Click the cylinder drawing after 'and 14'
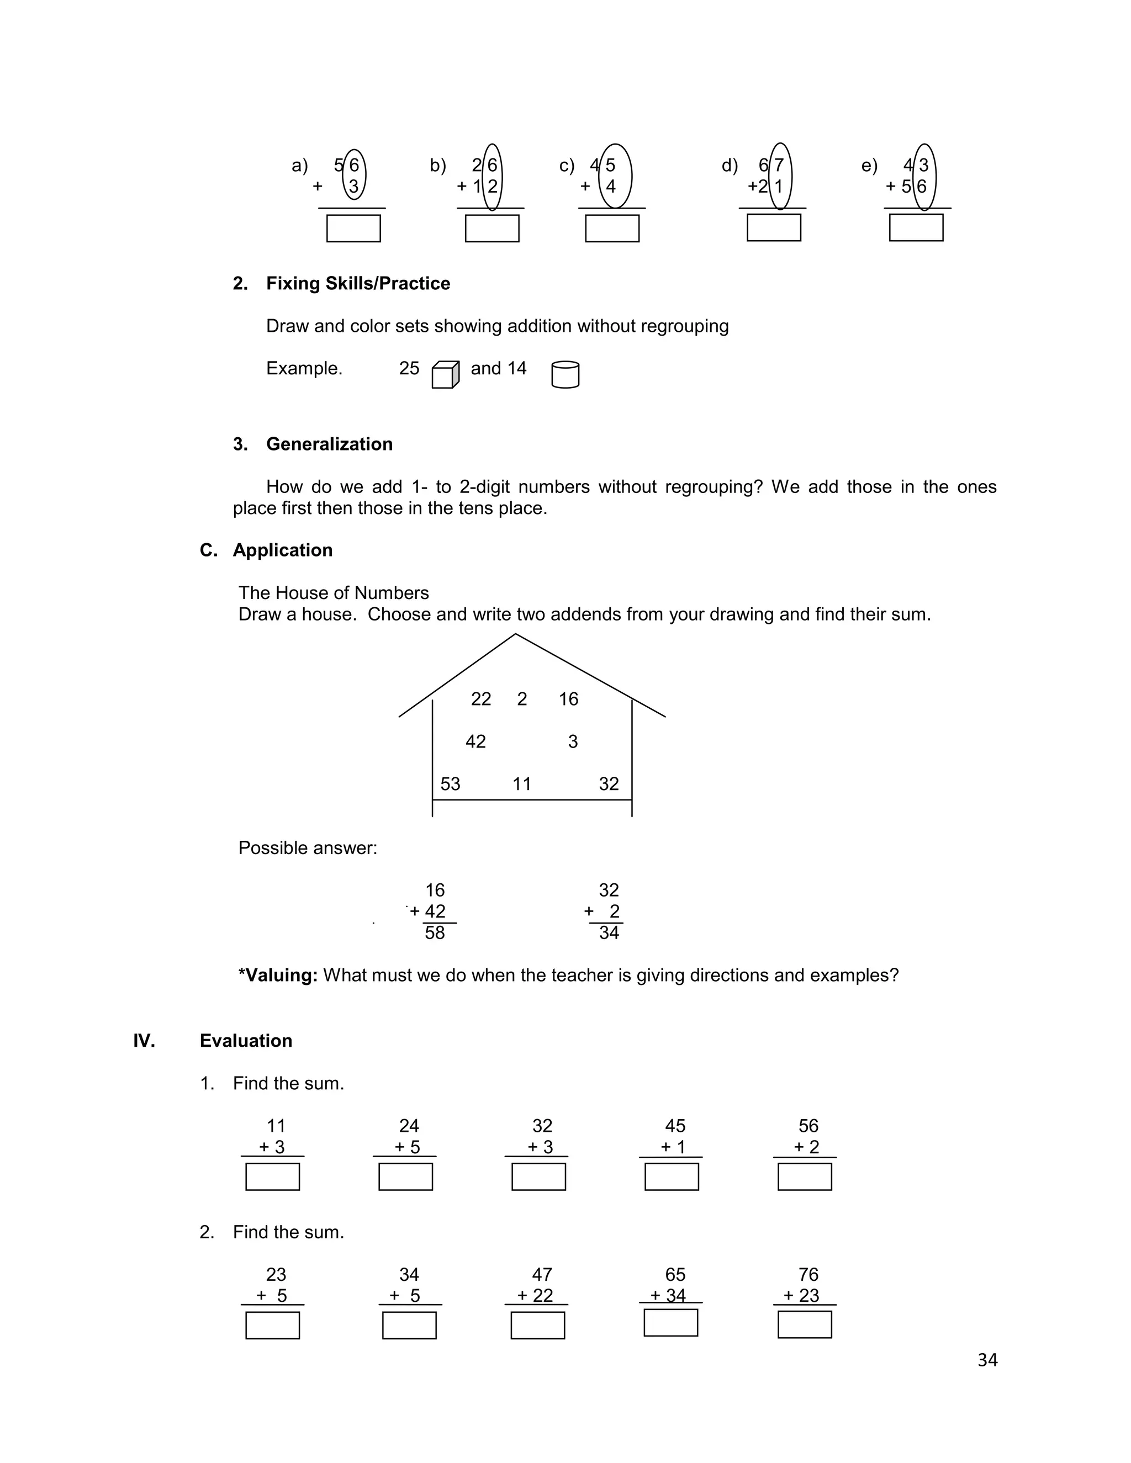[x=565, y=374]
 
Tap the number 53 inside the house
[x=450, y=784]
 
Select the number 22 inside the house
[x=480, y=699]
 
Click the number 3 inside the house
[x=572, y=741]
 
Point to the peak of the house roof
[x=515, y=634]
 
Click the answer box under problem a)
[x=353, y=229]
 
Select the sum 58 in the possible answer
[x=434, y=932]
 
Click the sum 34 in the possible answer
[x=609, y=932]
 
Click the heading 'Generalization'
[x=329, y=444]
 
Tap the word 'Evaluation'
[x=246, y=1040]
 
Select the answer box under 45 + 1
[x=672, y=1176]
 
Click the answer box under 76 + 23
[x=804, y=1324]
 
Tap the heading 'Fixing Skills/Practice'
[x=358, y=283]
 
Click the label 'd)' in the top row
[x=729, y=166]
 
